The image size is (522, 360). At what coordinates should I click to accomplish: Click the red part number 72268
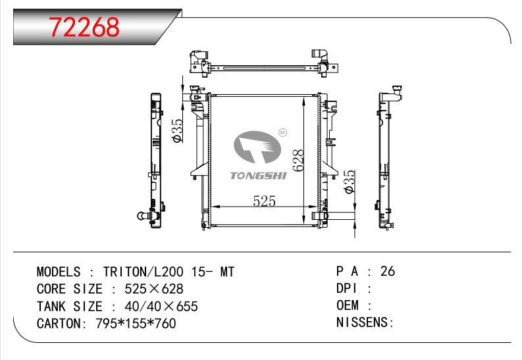[84, 27]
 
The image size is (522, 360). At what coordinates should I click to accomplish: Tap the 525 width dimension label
[265, 201]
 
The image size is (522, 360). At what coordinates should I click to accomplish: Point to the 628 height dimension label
[298, 161]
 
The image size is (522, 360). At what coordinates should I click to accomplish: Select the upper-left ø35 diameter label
[178, 131]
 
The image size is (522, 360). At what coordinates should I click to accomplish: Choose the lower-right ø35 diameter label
[350, 182]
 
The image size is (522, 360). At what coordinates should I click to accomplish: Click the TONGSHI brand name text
[258, 175]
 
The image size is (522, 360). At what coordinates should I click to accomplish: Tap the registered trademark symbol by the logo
[282, 133]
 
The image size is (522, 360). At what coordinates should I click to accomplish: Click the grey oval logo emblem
[257, 147]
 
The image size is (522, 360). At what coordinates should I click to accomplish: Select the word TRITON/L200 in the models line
[143, 272]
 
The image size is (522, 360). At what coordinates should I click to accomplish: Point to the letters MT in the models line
[227, 272]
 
